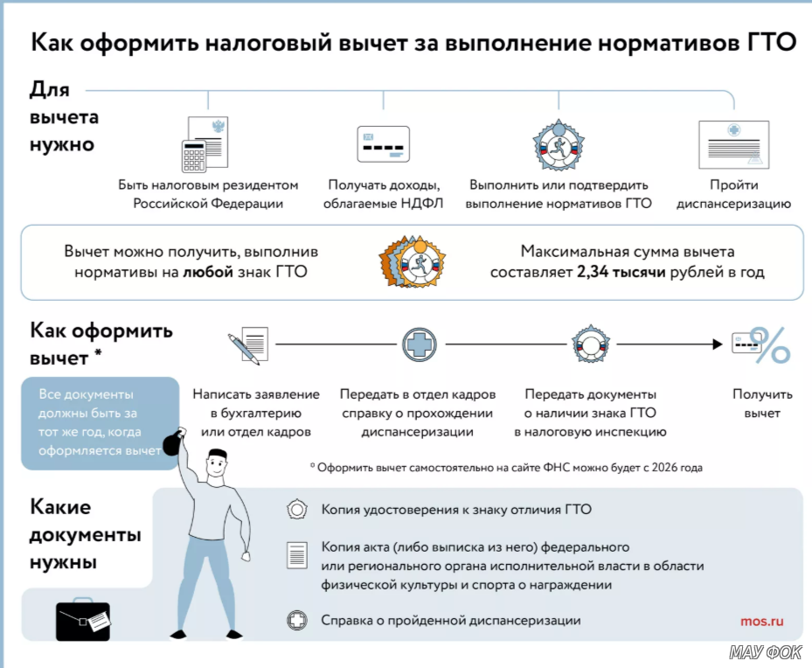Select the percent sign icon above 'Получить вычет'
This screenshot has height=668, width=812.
point(770,345)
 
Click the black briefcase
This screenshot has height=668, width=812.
point(83,620)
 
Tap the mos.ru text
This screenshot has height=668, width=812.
point(761,621)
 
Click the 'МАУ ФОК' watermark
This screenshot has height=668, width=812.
point(765,652)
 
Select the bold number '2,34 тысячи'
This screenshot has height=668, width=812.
point(621,272)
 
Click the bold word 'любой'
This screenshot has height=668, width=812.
point(208,272)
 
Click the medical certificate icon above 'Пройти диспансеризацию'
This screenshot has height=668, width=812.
point(732,144)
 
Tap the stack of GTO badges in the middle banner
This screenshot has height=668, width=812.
point(412,261)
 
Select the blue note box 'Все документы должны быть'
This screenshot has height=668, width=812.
point(98,422)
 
